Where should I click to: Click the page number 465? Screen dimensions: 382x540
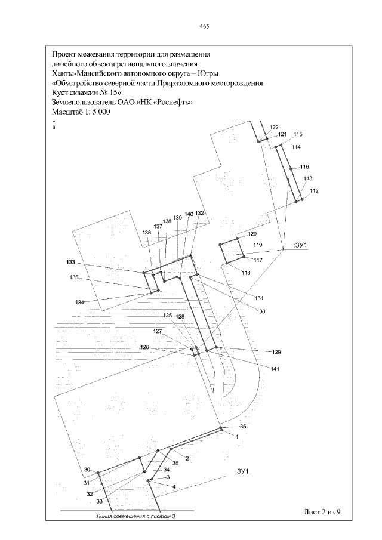[x=204, y=26]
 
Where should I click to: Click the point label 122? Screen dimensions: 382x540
[x=274, y=128]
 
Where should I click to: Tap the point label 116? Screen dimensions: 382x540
[x=304, y=167]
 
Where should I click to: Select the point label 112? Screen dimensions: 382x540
[x=314, y=191]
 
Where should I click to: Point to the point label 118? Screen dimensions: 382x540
[x=246, y=273]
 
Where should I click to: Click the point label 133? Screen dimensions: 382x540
[x=70, y=263]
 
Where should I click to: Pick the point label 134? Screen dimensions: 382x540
[x=79, y=303]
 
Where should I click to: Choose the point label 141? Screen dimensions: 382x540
[x=275, y=369]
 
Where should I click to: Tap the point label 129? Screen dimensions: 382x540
[x=276, y=352]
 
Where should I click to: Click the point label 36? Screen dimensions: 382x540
[x=243, y=427]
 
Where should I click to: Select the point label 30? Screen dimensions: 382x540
[x=87, y=470]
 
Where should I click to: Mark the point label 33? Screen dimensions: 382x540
[x=99, y=501]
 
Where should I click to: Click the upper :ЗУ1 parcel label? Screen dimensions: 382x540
[x=300, y=245]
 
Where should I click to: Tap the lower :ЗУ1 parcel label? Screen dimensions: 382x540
[x=242, y=471]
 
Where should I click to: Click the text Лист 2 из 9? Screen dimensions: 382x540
[x=322, y=512]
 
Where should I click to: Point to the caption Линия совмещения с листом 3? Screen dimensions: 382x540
[x=134, y=516]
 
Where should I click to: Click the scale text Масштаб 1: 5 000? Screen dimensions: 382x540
[x=81, y=112]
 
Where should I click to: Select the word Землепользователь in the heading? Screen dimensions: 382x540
[x=82, y=102]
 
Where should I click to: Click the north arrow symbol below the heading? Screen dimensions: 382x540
[x=54, y=125]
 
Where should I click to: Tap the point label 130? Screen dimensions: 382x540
[x=261, y=311]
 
